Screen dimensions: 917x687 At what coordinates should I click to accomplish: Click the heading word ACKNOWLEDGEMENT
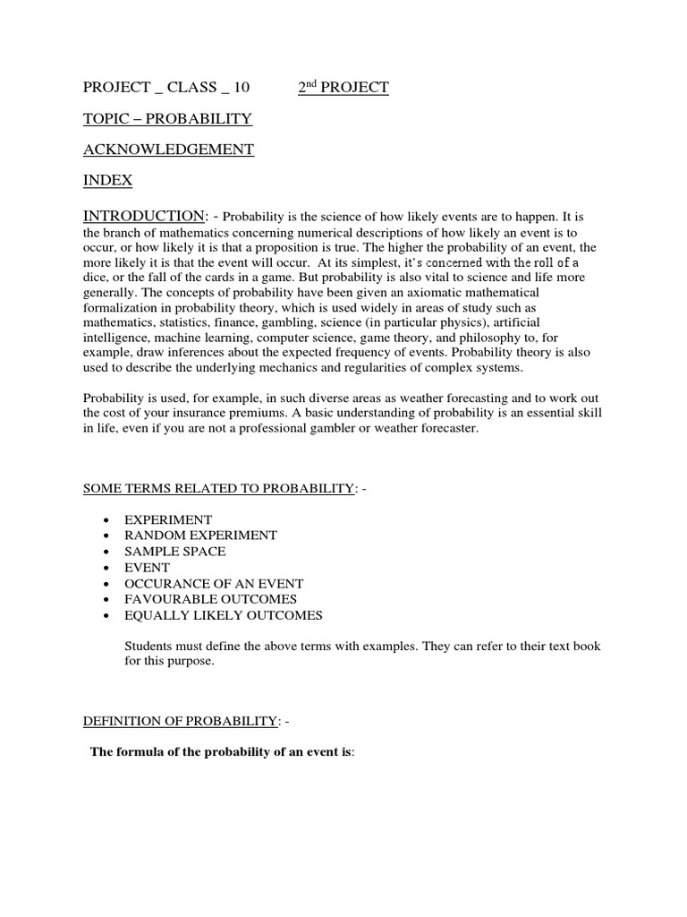tap(168, 150)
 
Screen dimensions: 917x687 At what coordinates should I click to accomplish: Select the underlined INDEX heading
tap(107, 180)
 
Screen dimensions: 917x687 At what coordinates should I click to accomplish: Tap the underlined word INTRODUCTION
tap(143, 216)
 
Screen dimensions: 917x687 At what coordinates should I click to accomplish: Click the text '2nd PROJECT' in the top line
tap(343, 87)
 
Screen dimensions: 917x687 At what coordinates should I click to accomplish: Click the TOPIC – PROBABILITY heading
tap(167, 118)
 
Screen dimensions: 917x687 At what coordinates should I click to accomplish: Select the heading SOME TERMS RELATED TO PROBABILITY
tap(218, 487)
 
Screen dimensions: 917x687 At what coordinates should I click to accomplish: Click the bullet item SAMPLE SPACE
tap(174, 551)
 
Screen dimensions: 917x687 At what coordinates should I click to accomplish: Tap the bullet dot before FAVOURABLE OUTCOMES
tap(106, 600)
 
